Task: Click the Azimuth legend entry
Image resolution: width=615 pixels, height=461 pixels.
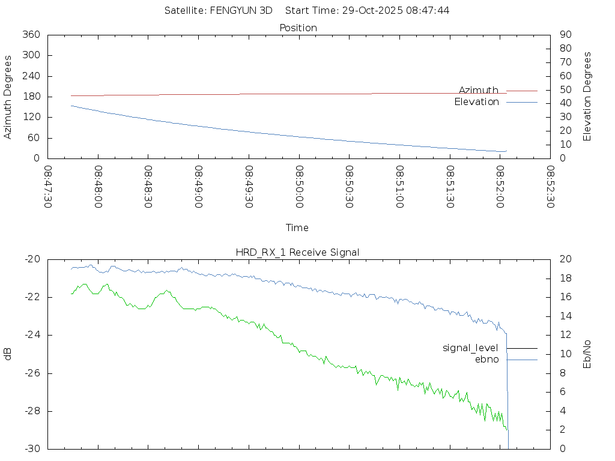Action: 479,90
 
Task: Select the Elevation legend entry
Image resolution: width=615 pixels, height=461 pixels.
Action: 477,102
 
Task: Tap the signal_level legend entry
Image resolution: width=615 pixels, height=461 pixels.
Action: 471,348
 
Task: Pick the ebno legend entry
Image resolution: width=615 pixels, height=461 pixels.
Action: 487,359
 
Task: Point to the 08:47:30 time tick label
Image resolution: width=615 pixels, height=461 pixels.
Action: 48,188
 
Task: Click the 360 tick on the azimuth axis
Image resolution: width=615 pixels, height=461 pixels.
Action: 31,35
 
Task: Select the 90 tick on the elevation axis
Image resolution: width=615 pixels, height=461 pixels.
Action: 565,35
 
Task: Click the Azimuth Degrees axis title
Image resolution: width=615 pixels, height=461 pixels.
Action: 8,97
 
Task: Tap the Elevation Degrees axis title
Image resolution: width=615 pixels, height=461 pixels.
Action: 587,97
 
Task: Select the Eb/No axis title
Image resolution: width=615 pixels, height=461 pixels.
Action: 587,354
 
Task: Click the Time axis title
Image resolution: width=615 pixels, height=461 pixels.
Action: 297,228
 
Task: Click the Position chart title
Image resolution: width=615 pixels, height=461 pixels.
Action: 298,28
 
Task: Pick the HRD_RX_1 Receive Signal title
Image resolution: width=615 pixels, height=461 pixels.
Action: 297,252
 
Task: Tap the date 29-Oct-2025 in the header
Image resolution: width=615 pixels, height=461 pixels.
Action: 371,10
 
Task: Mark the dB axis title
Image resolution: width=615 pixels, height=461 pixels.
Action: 8,354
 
